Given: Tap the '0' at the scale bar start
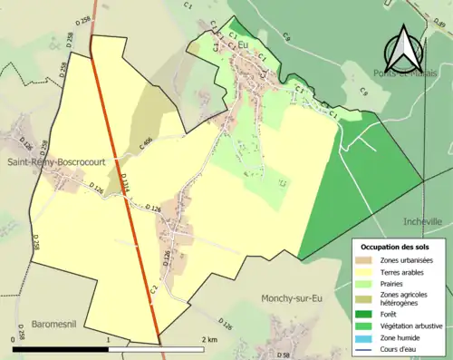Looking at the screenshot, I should click(x=14, y=340).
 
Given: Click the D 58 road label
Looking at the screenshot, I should click(x=283, y=354).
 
